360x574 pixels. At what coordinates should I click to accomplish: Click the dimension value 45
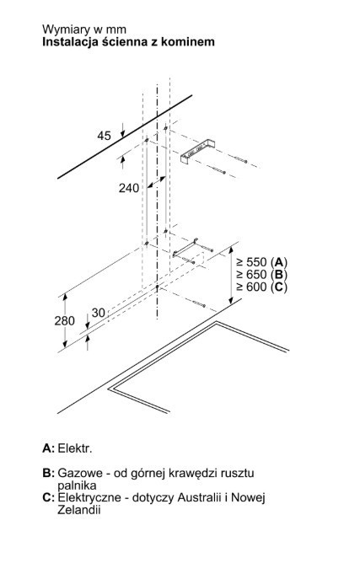click(104, 136)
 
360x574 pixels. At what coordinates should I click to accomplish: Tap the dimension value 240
click(129, 188)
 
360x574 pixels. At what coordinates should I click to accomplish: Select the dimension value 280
click(64, 320)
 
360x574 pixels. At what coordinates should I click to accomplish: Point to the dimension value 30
click(98, 313)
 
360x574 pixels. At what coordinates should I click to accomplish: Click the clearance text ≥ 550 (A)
click(261, 262)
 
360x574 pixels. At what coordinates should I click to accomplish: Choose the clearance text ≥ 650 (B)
click(261, 274)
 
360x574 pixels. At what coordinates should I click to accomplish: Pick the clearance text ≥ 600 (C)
click(261, 287)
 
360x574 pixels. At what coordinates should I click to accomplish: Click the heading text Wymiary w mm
click(84, 30)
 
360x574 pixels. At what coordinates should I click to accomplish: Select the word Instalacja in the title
click(65, 42)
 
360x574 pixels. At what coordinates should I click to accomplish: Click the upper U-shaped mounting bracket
click(197, 151)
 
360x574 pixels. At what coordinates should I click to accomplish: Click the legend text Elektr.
click(75, 448)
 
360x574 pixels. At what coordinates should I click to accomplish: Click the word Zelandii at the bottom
click(78, 510)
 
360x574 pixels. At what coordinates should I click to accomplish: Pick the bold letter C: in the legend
click(48, 497)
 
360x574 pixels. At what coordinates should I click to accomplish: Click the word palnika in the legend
click(77, 485)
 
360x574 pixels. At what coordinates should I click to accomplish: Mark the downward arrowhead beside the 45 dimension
click(122, 134)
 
